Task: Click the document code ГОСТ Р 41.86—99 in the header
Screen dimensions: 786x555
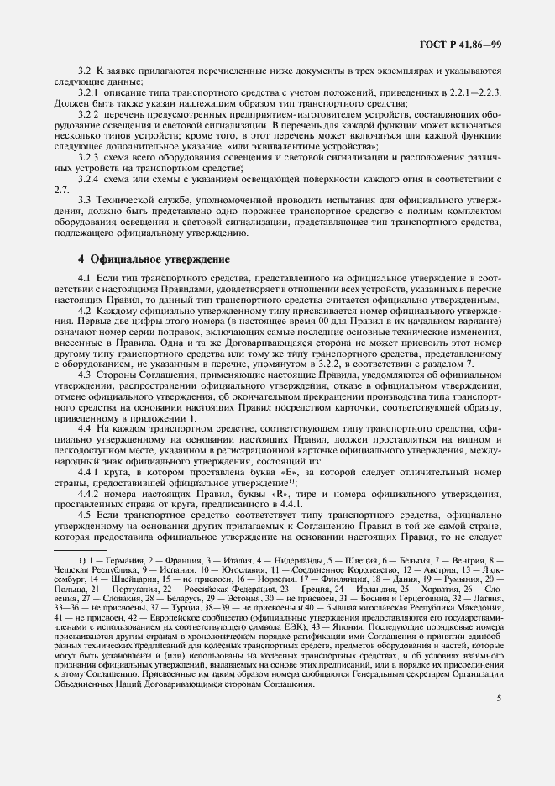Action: [x=471, y=43]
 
